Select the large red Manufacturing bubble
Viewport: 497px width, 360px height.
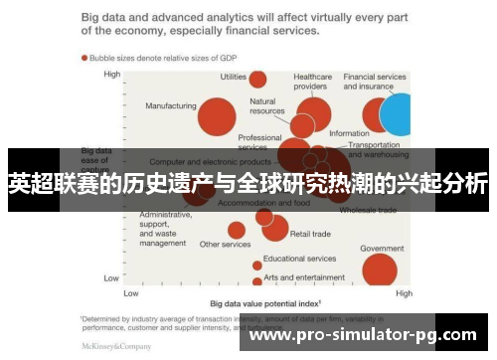(x=217, y=117)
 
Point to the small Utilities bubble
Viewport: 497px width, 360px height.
(x=257, y=80)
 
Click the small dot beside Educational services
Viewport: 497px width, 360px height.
(x=257, y=265)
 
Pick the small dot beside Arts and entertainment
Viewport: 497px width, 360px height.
(x=257, y=278)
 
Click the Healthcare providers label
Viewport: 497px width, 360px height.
(x=312, y=81)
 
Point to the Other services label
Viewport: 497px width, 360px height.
(x=225, y=245)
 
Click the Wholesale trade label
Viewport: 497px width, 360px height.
(x=368, y=211)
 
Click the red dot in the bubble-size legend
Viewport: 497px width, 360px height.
(x=84, y=58)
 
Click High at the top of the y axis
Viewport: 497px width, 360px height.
(x=111, y=75)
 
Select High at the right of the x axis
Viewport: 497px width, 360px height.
(x=404, y=294)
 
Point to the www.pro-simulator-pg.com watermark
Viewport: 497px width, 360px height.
(x=363, y=335)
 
